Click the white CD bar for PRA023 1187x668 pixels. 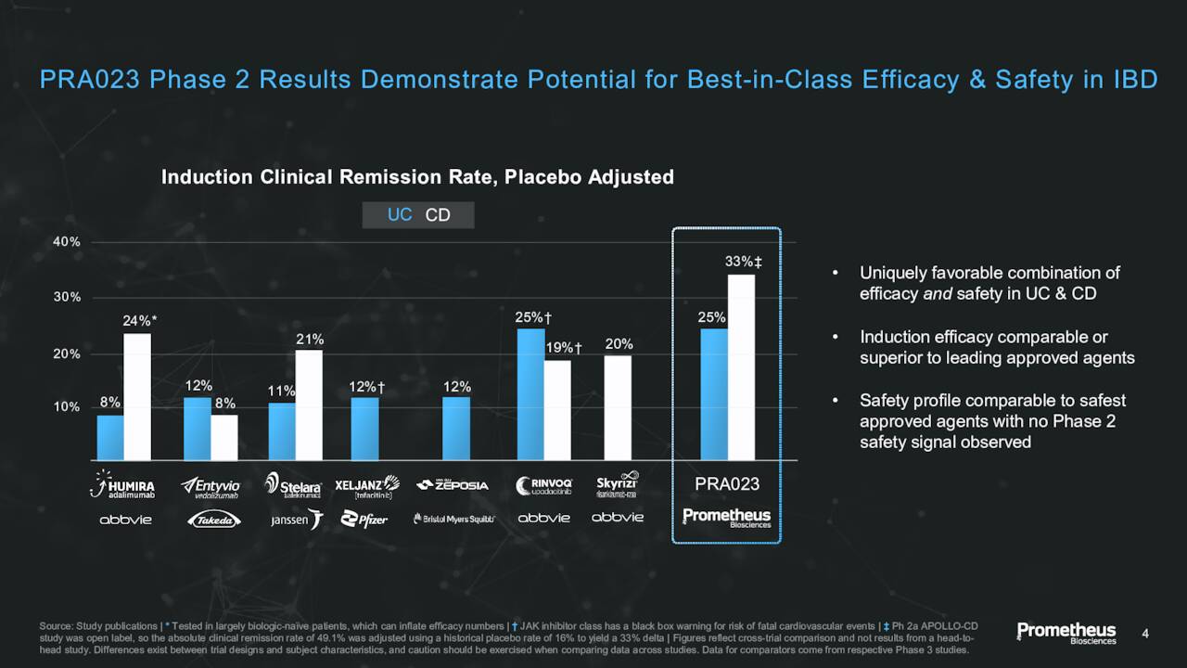click(741, 367)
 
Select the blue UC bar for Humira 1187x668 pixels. click(110, 437)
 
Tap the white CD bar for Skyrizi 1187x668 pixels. click(618, 407)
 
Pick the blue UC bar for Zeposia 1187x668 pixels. click(456, 429)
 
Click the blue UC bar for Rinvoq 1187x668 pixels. click(530, 394)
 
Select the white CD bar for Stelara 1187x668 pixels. click(309, 405)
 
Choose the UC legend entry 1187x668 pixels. click(400, 215)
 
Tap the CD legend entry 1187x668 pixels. click(438, 215)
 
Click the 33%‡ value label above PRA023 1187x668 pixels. click(743, 262)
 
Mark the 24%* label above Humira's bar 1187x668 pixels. click(140, 321)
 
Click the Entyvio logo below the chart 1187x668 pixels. click(211, 487)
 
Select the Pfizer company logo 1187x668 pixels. click(364, 520)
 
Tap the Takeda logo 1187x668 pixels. click(211, 520)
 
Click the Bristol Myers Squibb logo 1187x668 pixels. click(453, 520)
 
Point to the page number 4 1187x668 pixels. click(1145, 634)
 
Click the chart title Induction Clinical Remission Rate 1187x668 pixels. click(417, 176)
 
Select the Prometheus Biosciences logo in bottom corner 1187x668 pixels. click(1066, 634)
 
